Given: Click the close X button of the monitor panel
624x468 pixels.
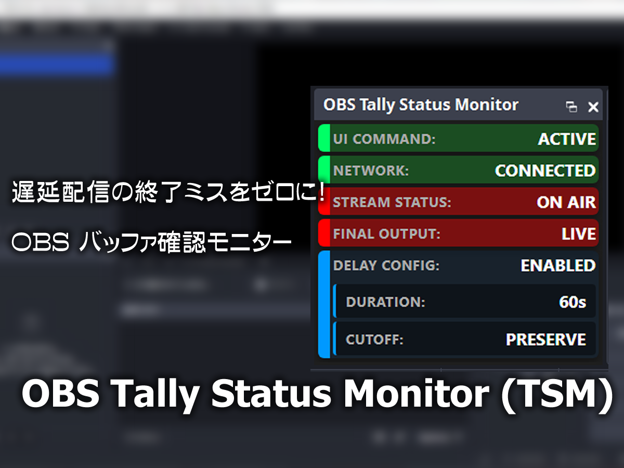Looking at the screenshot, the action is tap(593, 107).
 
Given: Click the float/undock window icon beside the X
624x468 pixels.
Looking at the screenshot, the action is tap(571, 107).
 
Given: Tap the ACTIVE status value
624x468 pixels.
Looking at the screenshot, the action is tap(567, 139).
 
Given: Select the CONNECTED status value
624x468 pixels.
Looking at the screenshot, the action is tap(545, 171).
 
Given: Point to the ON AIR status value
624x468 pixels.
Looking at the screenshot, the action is tap(566, 202).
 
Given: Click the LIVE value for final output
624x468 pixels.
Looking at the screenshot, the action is tap(579, 234).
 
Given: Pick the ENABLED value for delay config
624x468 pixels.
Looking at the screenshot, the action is tap(558, 265).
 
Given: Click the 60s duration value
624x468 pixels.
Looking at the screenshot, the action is tap(573, 302).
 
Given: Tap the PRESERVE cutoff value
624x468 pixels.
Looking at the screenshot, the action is tap(546, 339).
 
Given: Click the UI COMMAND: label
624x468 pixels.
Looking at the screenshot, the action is tap(384, 139).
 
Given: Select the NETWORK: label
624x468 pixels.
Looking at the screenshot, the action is tap(371, 171).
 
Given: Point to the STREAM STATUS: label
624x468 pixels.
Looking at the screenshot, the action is tap(392, 202).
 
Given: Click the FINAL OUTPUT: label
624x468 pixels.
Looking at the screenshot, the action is tap(387, 234).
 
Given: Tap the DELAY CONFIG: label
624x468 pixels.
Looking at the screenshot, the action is tap(386, 265).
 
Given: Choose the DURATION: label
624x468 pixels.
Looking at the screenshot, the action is tap(385, 302).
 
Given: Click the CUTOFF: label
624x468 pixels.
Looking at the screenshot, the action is tap(375, 339).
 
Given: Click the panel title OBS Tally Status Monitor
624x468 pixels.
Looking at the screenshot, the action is tap(421, 105).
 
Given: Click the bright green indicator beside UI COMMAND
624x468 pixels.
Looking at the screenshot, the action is tap(324, 138).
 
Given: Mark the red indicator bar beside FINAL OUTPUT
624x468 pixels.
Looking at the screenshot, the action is tap(324, 233).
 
